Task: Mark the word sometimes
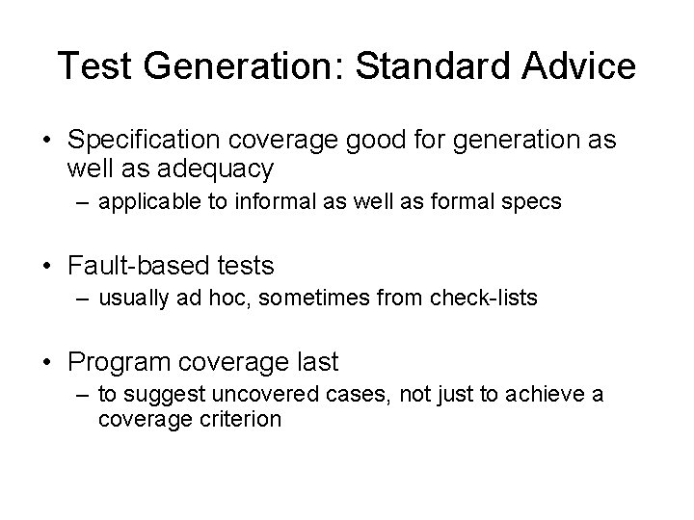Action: (314, 299)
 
